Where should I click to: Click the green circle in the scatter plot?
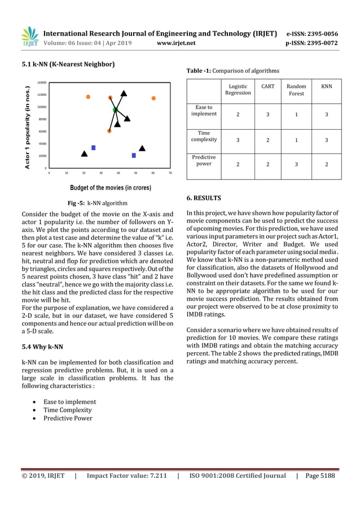point(115,109)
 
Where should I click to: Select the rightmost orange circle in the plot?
point(153,99)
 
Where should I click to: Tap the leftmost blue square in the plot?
point(93,148)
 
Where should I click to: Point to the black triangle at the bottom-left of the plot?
point(84,153)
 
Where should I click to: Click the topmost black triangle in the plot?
point(124,93)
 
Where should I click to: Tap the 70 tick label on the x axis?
point(170,173)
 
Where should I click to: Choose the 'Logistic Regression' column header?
point(238,90)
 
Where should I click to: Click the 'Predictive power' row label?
point(204,161)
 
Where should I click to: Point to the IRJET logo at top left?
point(30,37)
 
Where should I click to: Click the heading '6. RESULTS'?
point(204,198)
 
